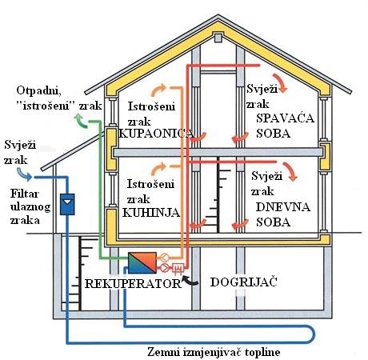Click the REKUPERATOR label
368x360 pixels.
[x=133, y=283]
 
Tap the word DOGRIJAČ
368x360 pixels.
[x=244, y=282]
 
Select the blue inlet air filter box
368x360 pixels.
[x=67, y=204]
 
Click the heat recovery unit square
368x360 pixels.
[x=142, y=263]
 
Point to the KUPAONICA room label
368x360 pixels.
[x=156, y=134]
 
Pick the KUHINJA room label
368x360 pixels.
[x=151, y=213]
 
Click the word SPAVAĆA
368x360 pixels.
[x=286, y=118]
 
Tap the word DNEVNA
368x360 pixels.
[x=283, y=207]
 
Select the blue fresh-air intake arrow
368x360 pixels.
[x=25, y=174]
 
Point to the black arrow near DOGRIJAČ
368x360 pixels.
[x=190, y=281]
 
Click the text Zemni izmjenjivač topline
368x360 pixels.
[x=214, y=352]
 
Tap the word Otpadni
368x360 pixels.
[x=38, y=90]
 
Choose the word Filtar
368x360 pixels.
[x=25, y=194]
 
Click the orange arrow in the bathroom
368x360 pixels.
[x=158, y=90]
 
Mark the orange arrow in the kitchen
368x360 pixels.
[x=158, y=169]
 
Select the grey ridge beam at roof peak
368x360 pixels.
[x=218, y=38]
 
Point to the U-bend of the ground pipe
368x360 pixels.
[x=311, y=334]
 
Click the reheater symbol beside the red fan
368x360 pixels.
[x=177, y=267]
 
